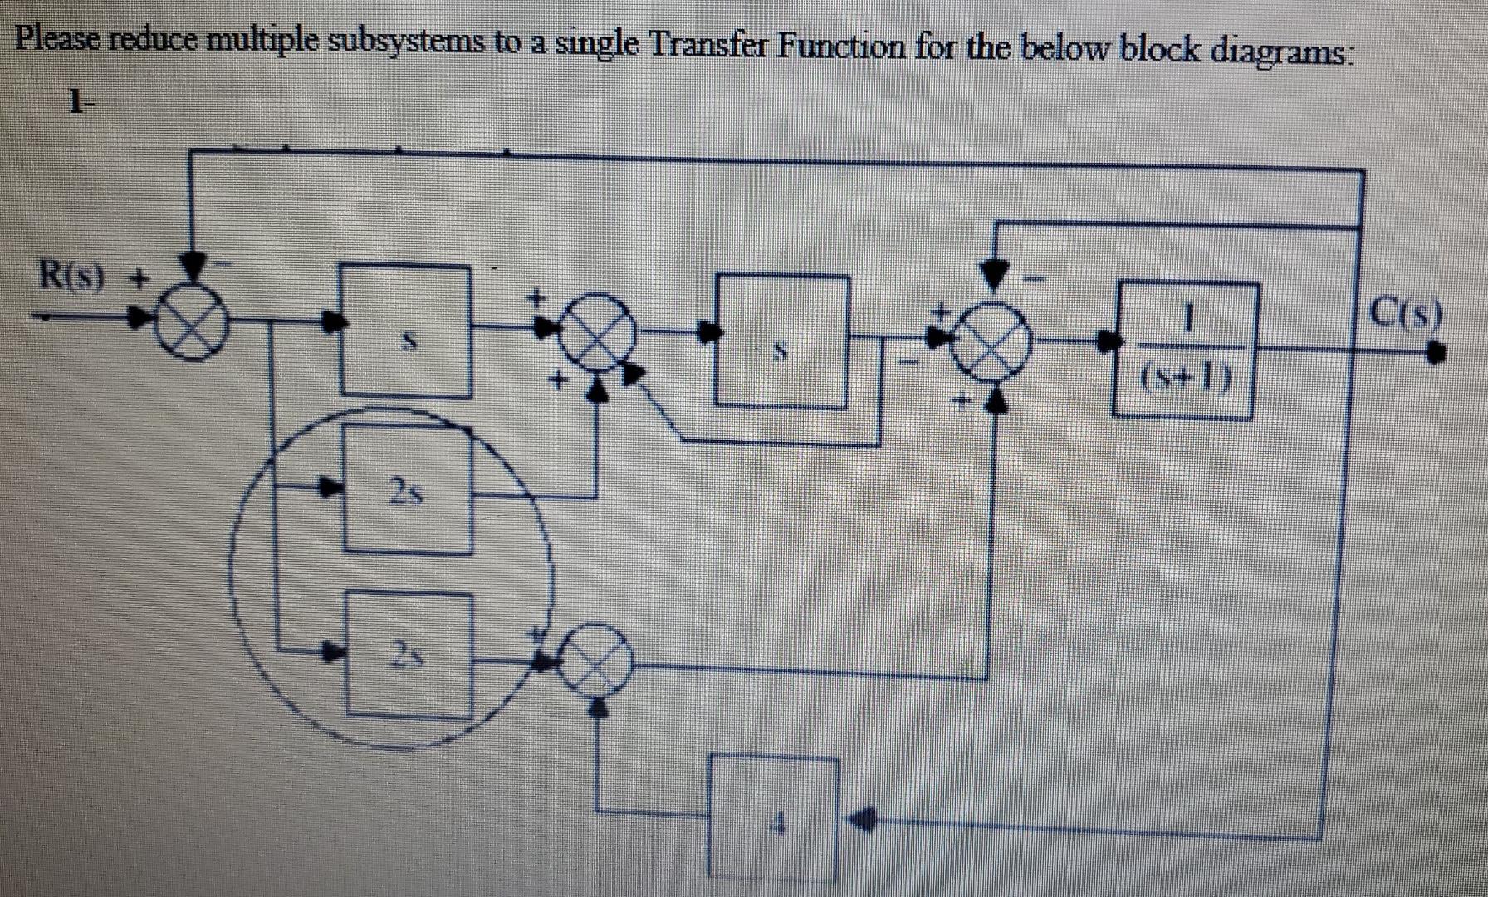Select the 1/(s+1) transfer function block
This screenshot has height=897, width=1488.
click(1184, 350)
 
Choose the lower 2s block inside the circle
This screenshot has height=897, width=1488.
click(409, 653)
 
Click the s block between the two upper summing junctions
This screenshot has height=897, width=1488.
click(782, 341)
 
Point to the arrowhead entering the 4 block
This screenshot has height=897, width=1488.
click(860, 821)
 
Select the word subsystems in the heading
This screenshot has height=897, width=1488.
click(402, 43)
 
